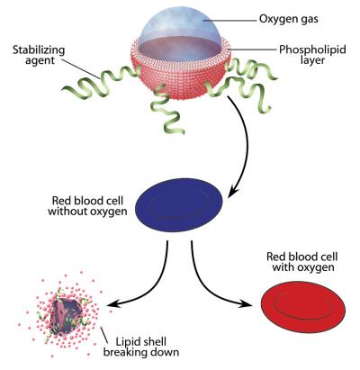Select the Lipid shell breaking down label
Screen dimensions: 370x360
click(x=143, y=347)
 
